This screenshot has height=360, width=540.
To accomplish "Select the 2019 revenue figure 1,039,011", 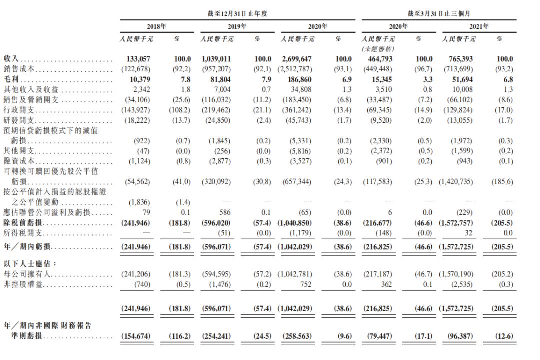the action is pyautogui.click(x=215, y=59).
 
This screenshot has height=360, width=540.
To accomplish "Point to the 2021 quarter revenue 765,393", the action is pyautogui.click(x=458, y=59).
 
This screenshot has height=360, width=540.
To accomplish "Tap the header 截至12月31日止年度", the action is pyautogui.click(x=237, y=14).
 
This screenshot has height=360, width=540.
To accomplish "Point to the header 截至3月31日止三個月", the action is pyautogui.click(x=438, y=14).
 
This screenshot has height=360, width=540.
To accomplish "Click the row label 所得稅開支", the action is pyautogui.click(x=21, y=233).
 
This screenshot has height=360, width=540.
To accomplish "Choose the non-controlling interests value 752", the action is pyautogui.click(x=305, y=285).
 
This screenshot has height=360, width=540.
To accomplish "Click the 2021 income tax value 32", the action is pyautogui.click(x=469, y=233).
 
